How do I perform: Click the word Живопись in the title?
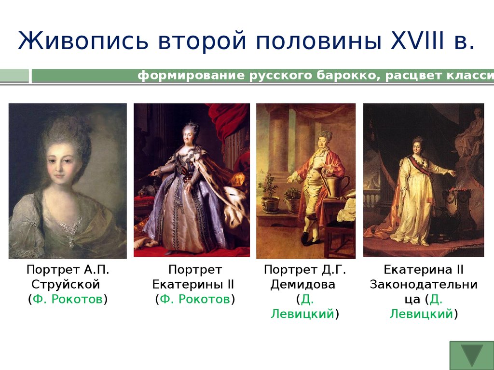83,41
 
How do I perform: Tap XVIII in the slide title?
417,40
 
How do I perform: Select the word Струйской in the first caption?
66,284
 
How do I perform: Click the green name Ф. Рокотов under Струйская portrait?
68,299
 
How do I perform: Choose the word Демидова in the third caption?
303,284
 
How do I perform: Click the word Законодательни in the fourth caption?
424,284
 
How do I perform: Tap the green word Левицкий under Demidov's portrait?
302,314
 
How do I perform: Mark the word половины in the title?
319,41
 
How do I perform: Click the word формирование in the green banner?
191,76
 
